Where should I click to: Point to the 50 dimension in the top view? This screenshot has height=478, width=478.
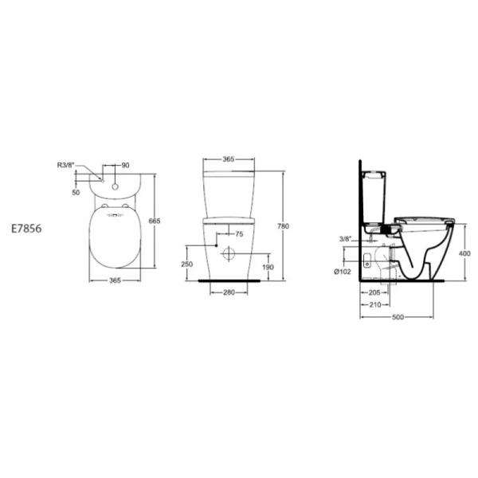click(76, 193)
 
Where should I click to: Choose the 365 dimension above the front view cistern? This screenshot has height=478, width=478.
click(228, 159)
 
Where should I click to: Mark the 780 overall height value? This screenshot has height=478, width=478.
click(282, 226)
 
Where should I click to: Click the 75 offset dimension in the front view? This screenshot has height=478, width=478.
click(236, 234)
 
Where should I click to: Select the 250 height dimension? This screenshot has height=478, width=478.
click(186, 264)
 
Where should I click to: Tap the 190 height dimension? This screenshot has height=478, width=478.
click(268, 268)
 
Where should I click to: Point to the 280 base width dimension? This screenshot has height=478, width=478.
click(228, 293)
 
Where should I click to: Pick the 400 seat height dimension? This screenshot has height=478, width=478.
click(465, 253)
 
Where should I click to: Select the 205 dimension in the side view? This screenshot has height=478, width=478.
click(374, 293)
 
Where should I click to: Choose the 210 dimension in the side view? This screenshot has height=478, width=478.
click(374, 304)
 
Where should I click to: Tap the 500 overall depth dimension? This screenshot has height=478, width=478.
click(398, 317)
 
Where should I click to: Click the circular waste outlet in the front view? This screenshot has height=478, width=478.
click(228, 256)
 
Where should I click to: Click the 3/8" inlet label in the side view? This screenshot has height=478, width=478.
click(347, 237)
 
